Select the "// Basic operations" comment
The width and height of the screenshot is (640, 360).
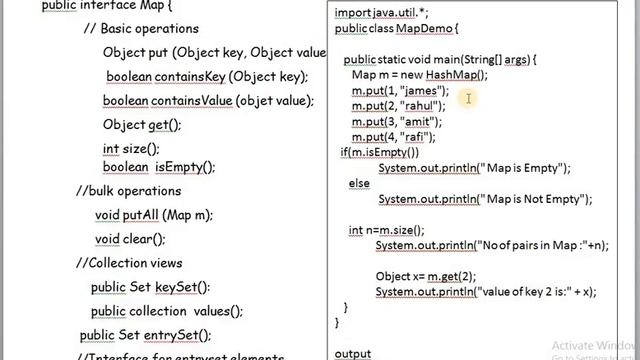(141, 28)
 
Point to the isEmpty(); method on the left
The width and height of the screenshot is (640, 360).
(184, 166)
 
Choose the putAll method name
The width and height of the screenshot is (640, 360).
(141, 214)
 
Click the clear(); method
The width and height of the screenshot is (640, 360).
(144, 238)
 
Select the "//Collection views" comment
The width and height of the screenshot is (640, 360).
(128, 263)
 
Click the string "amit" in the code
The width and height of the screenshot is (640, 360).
(414, 121)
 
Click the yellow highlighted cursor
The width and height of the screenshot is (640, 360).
(467, 97)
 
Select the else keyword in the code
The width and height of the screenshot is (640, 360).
(359, 184)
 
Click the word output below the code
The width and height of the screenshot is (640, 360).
(352, 353)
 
